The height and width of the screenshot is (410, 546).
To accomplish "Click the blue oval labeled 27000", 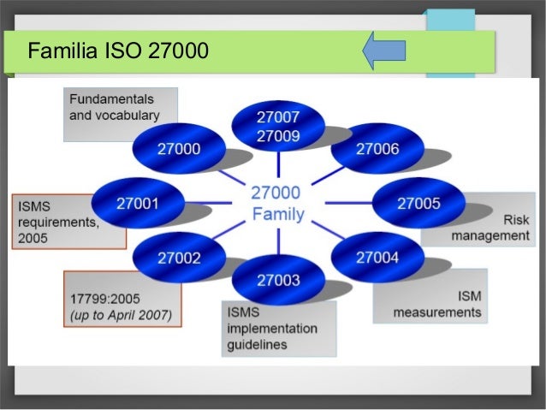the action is (x=178, y=149).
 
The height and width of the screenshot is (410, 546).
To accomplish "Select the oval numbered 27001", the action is (x=138, y=203).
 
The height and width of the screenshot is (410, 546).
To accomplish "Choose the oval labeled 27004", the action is (x=377, y=256).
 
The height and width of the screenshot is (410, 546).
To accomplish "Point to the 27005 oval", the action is (x=418, y=203).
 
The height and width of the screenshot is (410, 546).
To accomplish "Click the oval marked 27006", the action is (x=377, y=149).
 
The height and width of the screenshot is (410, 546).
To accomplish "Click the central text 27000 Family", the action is (x=276, y=204).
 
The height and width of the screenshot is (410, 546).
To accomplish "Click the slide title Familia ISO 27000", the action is (x=118, y=51).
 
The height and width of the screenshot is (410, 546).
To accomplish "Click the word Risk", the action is (x=514, y=219).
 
